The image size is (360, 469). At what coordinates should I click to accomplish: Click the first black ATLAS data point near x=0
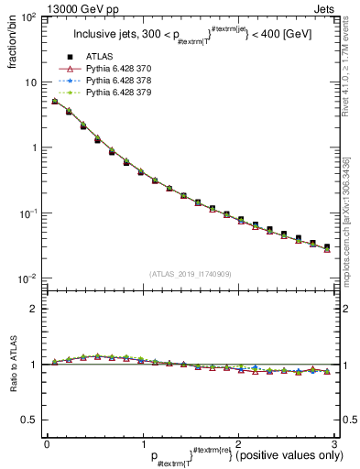pyautogui.click(x=55, y=102)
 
